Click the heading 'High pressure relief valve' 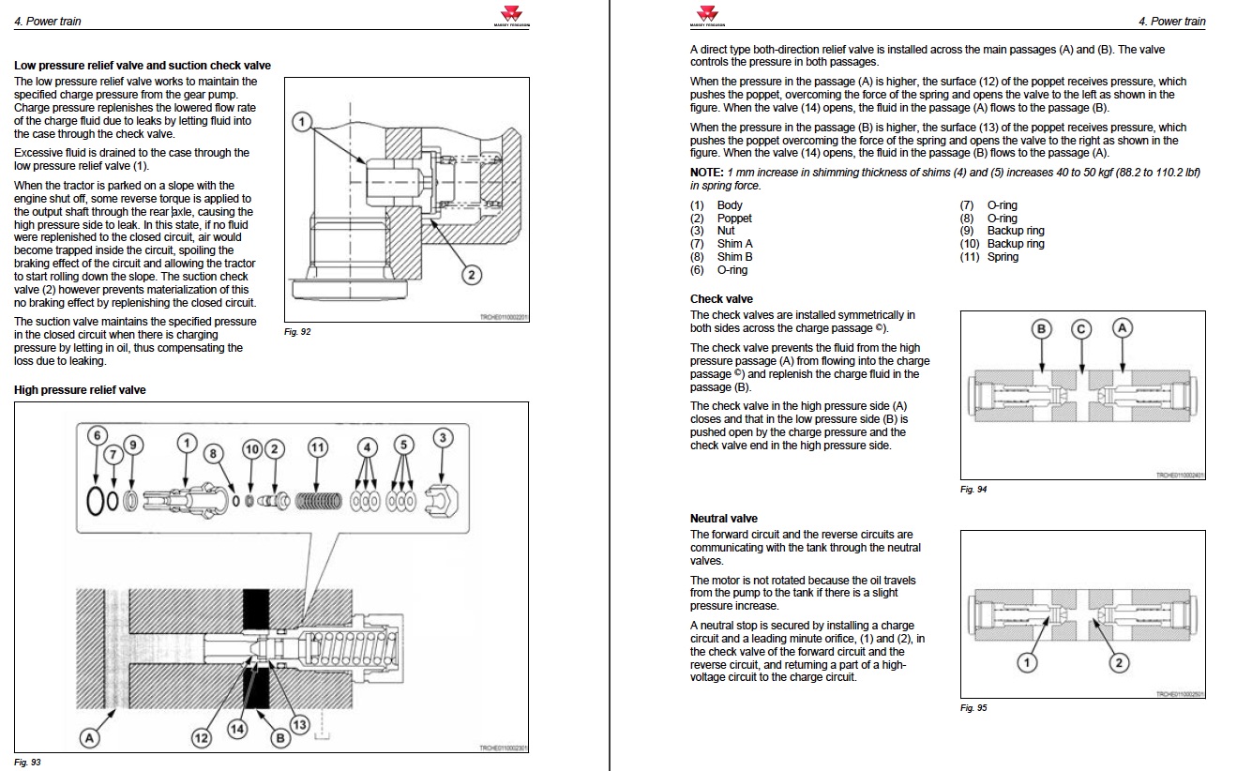click(80, 389)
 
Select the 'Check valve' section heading click(721, 299)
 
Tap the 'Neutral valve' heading click(723, 518)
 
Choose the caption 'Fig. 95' click(973, 707)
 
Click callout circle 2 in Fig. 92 click(473, 275)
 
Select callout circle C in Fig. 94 click(1081, 328)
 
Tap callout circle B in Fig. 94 click(1042, 328)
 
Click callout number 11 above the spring click(318, 448)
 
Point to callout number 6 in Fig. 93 click(98, 435)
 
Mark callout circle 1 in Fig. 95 click(1027, 662)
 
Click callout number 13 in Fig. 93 click(300, 724)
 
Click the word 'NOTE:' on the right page click(707, 173)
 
